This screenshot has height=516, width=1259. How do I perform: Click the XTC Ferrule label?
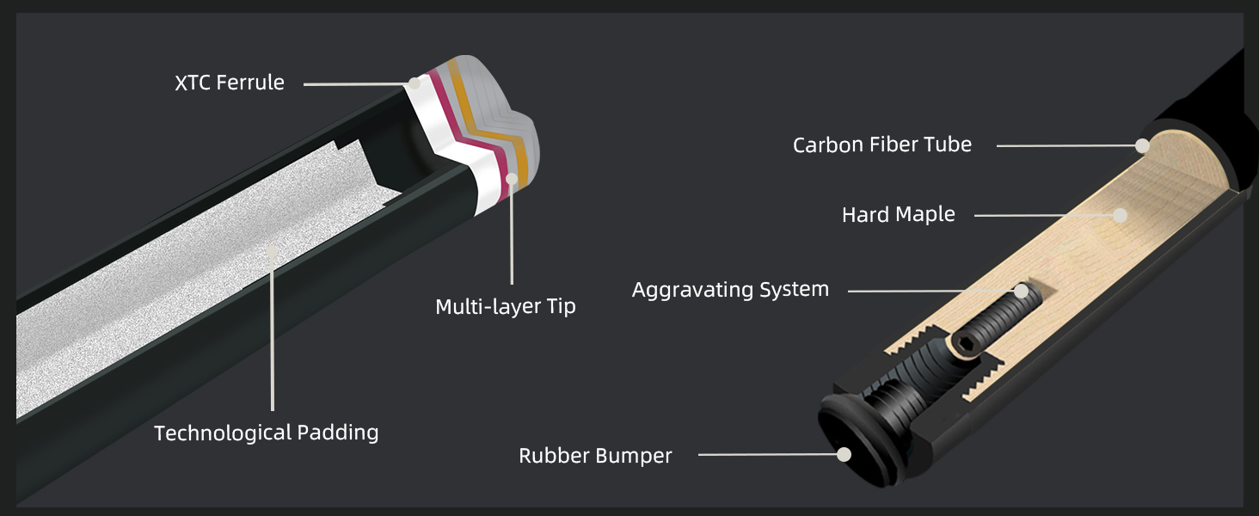click(229, 83)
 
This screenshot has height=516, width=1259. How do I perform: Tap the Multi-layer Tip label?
click(505, 306)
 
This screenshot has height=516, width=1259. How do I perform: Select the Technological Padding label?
click(266, 432)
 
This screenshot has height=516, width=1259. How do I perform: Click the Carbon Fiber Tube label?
click(881, 144)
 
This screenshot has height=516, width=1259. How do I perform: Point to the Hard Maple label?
click(898, 214)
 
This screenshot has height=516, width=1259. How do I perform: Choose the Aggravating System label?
click(730, 290)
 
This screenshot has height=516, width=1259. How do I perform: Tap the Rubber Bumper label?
click(595, 455)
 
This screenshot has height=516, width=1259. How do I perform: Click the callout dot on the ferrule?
click(415, 83)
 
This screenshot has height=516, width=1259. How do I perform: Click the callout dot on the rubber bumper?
click(844, 454)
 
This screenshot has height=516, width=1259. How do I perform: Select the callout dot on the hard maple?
click(1119, 215)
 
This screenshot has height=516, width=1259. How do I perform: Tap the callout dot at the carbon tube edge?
click(1142, 145)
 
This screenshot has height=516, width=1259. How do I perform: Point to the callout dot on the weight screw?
click(1021, 291)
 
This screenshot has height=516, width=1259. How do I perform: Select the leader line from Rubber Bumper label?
click(765, 454)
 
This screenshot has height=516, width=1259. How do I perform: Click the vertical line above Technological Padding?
click(272, 344)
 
